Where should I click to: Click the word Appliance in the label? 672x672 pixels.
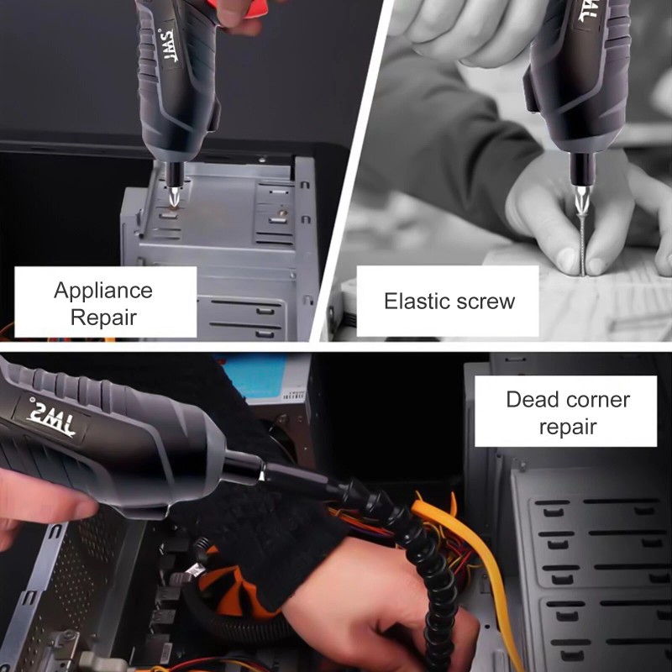click(x=103, y=291)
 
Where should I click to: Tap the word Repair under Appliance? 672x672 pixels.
click(x=103, y=318)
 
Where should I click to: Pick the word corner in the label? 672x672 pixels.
click(x=598, y=400)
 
